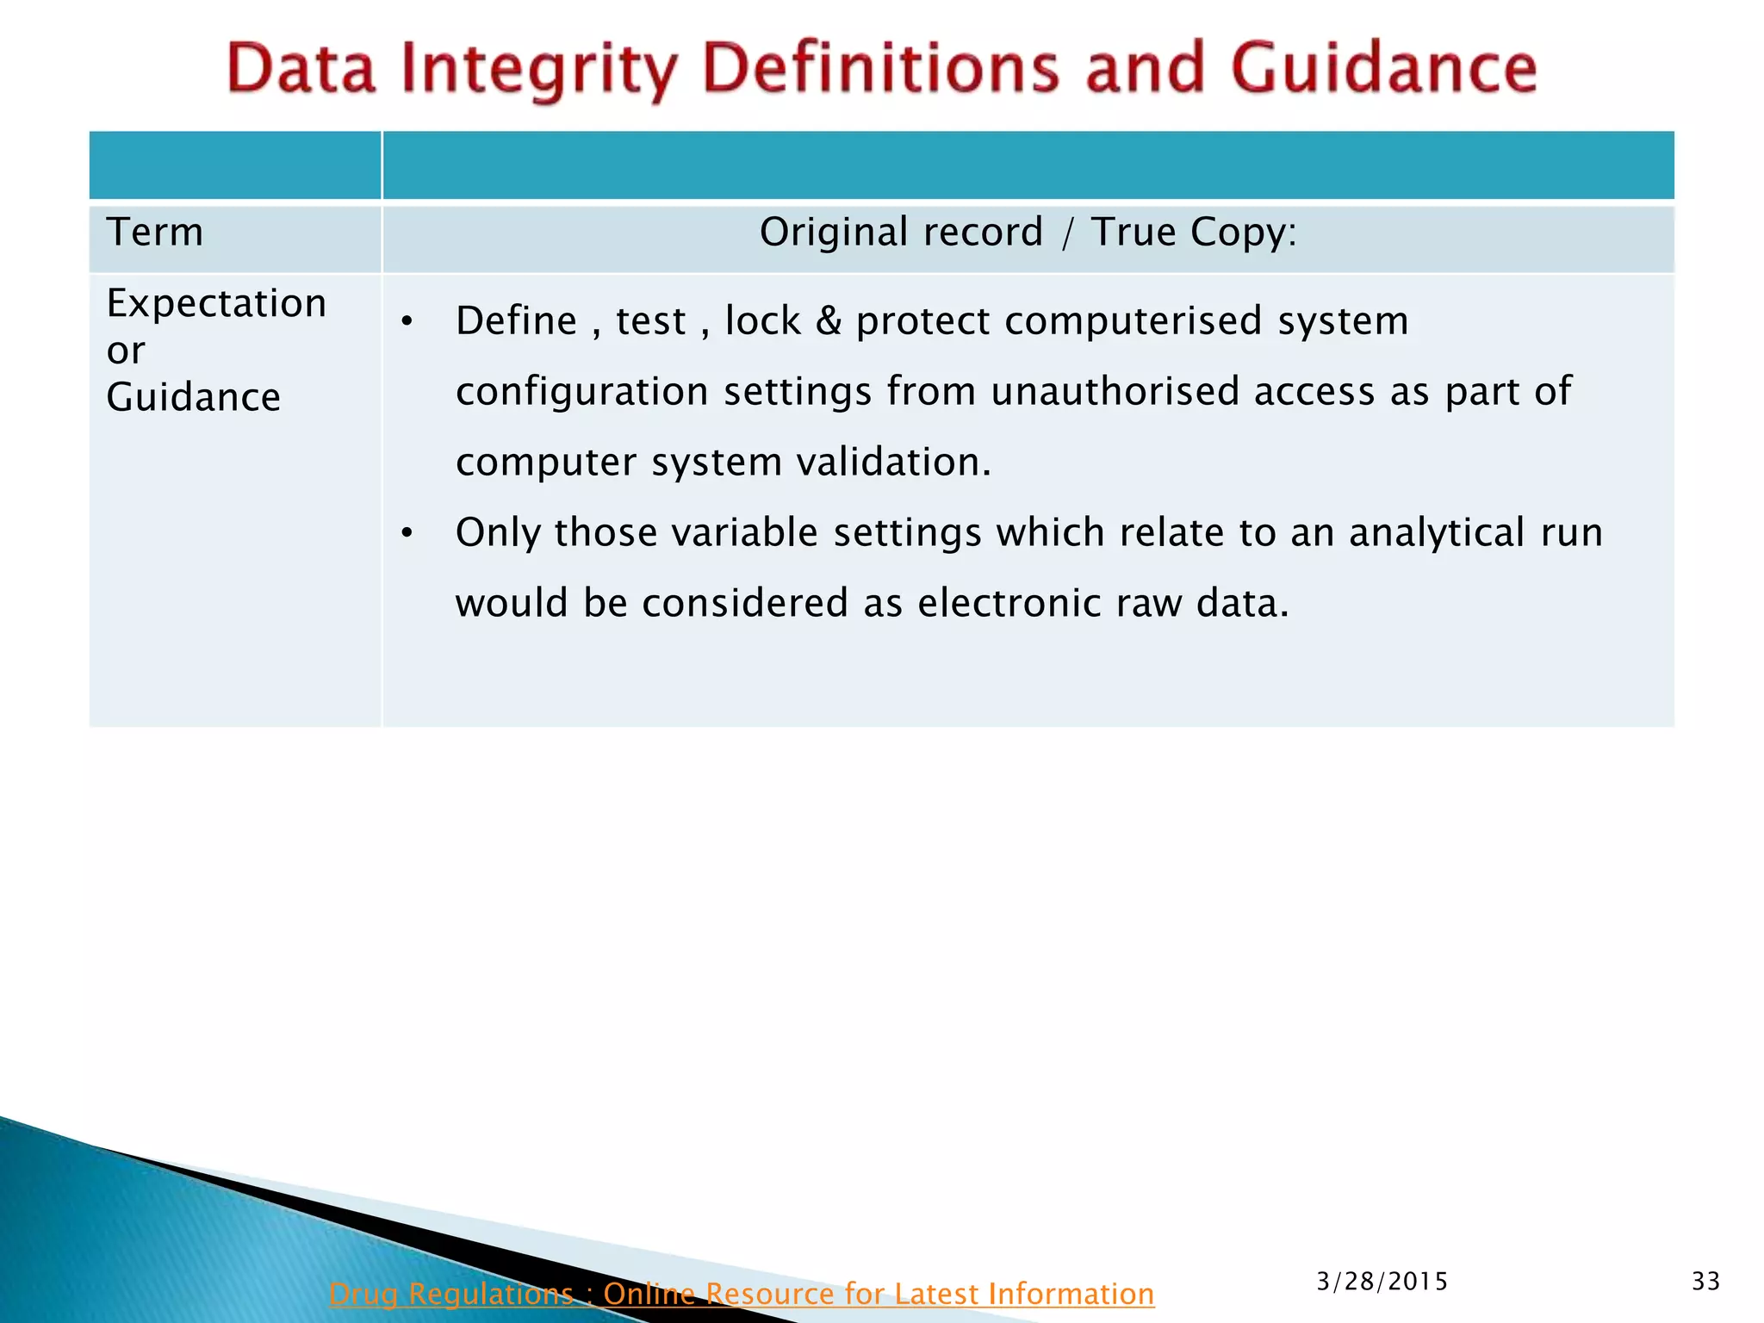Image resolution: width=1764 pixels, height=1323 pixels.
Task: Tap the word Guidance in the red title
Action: (1383, 69)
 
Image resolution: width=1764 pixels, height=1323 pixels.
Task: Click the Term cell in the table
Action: (155, 233)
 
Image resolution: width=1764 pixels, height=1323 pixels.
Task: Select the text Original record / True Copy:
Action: (1028, 233)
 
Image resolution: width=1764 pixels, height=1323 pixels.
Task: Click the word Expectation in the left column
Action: (216, 304)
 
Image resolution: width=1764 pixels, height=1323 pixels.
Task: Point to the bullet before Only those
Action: (407, 534)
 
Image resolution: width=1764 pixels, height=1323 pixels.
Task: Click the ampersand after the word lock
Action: (828, 321)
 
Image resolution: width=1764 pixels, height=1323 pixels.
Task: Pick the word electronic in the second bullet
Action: (1009, 603)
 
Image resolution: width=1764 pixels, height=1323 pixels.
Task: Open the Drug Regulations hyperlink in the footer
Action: (741, 1294)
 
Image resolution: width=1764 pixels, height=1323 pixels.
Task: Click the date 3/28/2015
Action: (1382, 1282)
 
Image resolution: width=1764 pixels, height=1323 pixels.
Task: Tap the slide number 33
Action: (1705, 1282)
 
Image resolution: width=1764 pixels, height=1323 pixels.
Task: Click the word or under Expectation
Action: (126, 351)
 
